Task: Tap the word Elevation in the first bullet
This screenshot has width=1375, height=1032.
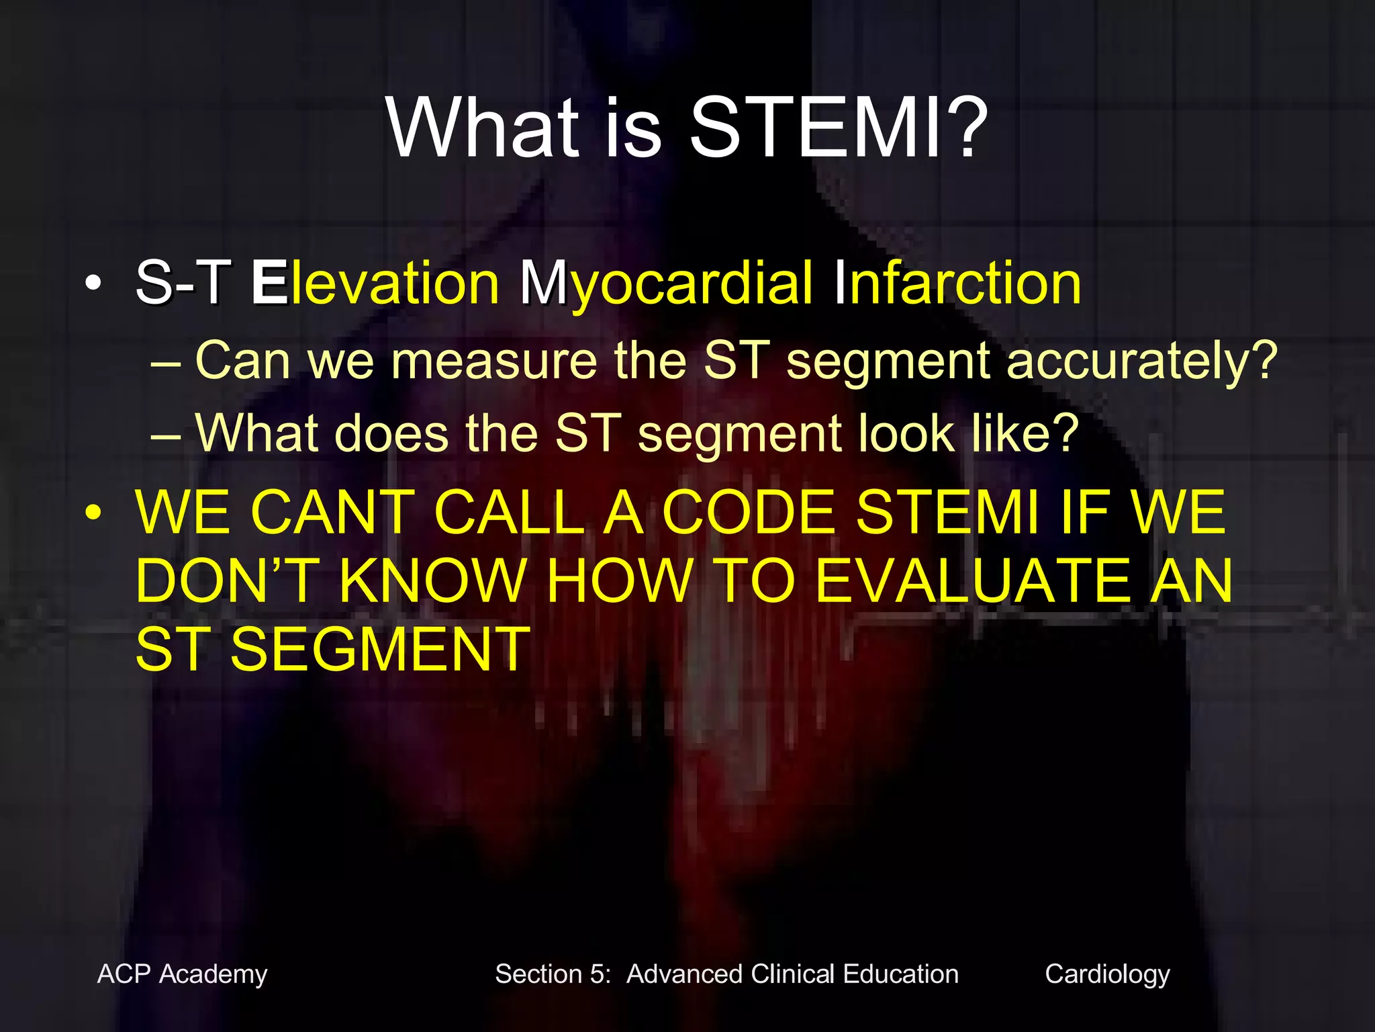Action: (375, 283)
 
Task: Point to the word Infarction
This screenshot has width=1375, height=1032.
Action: (957, 283)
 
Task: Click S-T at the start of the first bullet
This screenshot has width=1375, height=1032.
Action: (183, 283)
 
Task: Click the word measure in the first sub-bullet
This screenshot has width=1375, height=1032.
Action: (493, 361)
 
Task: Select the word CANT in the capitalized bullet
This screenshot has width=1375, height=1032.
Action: (333, 513)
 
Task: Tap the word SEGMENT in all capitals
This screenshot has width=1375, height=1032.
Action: (380, 650)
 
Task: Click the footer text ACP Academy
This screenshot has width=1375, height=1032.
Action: (182, 974)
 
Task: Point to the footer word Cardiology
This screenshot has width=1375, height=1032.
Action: (1107, 974)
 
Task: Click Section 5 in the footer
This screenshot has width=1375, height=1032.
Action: (552, 974)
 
